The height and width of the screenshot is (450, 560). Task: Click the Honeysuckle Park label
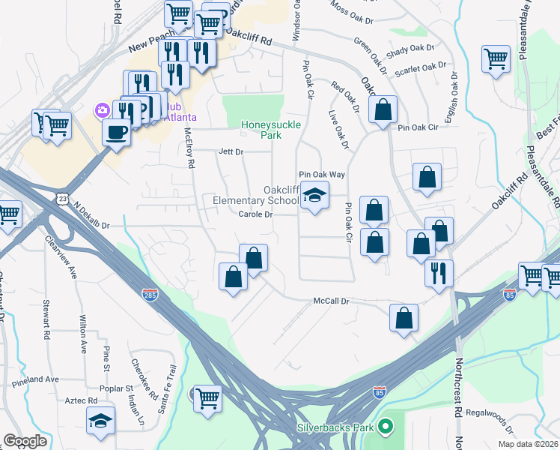point(261,130)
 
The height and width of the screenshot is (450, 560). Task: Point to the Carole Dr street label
point(255,214)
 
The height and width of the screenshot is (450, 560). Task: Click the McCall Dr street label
point(331,301)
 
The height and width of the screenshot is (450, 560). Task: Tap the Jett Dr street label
point(231,151)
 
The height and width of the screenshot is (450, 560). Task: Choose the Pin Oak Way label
point(322,174)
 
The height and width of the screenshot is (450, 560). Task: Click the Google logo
point(25,441)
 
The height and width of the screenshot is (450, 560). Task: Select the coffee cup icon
point(115,132)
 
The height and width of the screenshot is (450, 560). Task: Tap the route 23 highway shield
point(61,197)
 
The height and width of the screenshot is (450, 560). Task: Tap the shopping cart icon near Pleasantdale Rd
point(496,58)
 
